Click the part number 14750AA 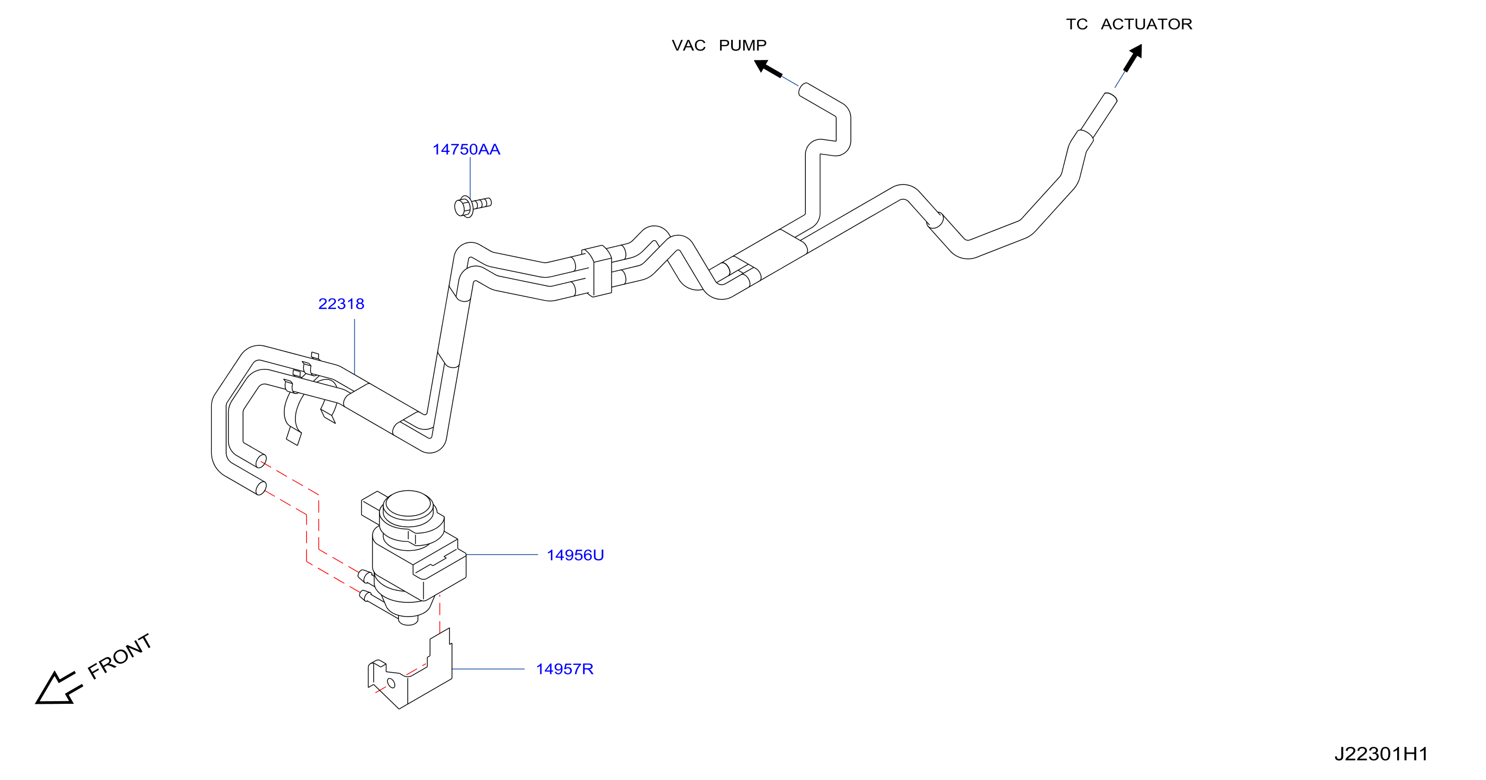tap(466, 149)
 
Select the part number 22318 tap(341, 304)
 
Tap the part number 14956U tap(575, 555)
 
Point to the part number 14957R tap(565, 669)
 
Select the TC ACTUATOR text tap(1129, 24)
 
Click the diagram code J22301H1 tap(1381, 754)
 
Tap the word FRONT tap(120, 656)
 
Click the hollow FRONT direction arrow tap(59, 688)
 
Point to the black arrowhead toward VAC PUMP tap(768, 68)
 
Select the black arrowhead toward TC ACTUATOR tap(1133, 58)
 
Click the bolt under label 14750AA tap(473, 206)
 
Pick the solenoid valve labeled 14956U tap(413, 557)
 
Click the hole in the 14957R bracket tap(391, 684)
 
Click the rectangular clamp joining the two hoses tap(597, 271)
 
